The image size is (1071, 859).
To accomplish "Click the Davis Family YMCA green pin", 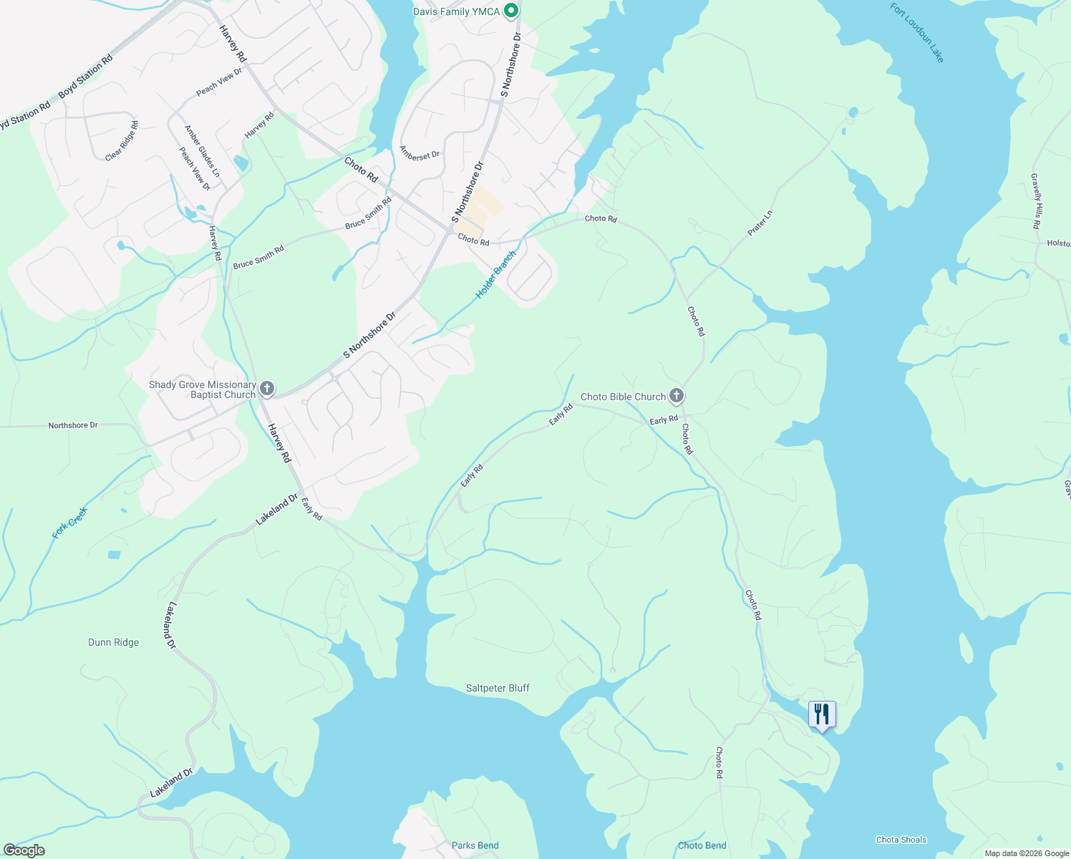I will (510, 11).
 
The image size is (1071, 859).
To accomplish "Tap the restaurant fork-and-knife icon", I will (822, 714).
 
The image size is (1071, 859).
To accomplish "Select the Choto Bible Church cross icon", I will (676, 396).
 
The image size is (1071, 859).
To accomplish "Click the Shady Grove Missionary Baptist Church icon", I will (266, 389).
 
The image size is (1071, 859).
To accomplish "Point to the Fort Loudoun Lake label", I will (917, 33).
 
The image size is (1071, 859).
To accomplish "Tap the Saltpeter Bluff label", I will (498, 688).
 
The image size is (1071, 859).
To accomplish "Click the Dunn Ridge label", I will (114, 642).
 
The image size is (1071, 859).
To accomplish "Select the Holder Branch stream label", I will (495, 275).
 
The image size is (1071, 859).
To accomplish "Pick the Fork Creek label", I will (69, 523).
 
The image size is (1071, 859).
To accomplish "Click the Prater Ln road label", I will (760, 223).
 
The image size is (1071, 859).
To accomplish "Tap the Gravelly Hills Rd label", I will (1036, 200).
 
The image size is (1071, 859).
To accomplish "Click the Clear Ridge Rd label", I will (122, 140).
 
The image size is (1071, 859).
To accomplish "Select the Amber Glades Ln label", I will (202, 152).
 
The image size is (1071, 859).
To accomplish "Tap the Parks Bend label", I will (475, 845).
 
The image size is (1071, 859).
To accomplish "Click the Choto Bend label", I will (702, 845).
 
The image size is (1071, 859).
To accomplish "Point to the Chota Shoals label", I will (901, 840).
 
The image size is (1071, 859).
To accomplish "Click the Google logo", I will (24, 850).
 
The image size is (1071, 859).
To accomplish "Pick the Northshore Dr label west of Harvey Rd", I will (73, 425).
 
